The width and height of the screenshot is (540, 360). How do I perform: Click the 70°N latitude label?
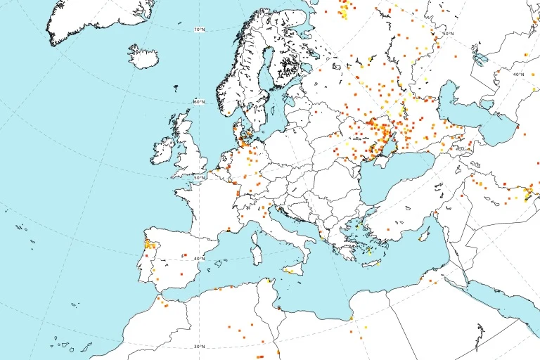coord(200,30)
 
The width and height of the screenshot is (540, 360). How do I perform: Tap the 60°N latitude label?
coord(200,102)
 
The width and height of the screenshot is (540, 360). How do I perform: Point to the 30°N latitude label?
coord(200,346)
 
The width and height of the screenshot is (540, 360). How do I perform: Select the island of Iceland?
coord(143,56)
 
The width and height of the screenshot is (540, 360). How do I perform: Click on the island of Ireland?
coord(162,150)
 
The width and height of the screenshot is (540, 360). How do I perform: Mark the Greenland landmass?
coord(91,18)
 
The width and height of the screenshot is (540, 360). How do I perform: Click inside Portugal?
coord(148,264)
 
